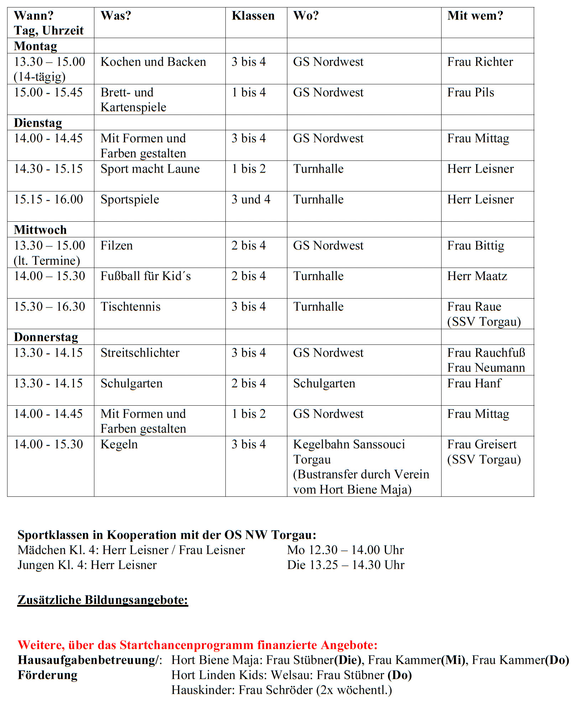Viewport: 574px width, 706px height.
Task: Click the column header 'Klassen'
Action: click(x=253, y=16)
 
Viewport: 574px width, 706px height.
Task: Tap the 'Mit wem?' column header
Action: click(x=475, y=16)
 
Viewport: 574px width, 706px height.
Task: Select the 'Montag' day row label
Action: click(x=35, y=46)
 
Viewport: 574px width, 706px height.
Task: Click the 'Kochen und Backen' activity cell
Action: click(x=153, y=62)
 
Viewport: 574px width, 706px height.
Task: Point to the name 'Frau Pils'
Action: click(x=470, y=93)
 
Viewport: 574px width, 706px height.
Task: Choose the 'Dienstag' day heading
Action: click(x=38, y=123)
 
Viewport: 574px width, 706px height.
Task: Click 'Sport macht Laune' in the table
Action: click(x=150, y=169)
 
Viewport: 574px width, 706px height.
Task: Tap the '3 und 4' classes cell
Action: click(x=251, y=199)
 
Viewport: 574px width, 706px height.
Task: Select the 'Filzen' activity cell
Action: click(x=116, y=246)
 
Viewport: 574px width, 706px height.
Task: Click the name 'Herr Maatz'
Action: click(x=477, y=276)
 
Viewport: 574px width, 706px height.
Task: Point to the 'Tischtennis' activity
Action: click(x=130, y=307)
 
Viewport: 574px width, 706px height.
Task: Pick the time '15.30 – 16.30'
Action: click(x=49, y=307)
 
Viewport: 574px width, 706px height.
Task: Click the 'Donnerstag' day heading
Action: click(x=46, y=337)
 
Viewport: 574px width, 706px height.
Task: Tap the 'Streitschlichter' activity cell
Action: click(x=140, y=353)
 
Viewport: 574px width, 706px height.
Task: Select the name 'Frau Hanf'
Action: click(x=474, y=383)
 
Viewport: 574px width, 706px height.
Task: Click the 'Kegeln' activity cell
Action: click(x=119, y=444)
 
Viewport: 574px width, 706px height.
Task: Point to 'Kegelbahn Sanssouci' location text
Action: click(x=349, y=444)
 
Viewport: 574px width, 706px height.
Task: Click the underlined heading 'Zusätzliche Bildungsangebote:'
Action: click(x=103, y=600)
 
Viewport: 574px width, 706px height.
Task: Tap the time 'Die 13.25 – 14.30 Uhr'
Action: click(x=345, y=565)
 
